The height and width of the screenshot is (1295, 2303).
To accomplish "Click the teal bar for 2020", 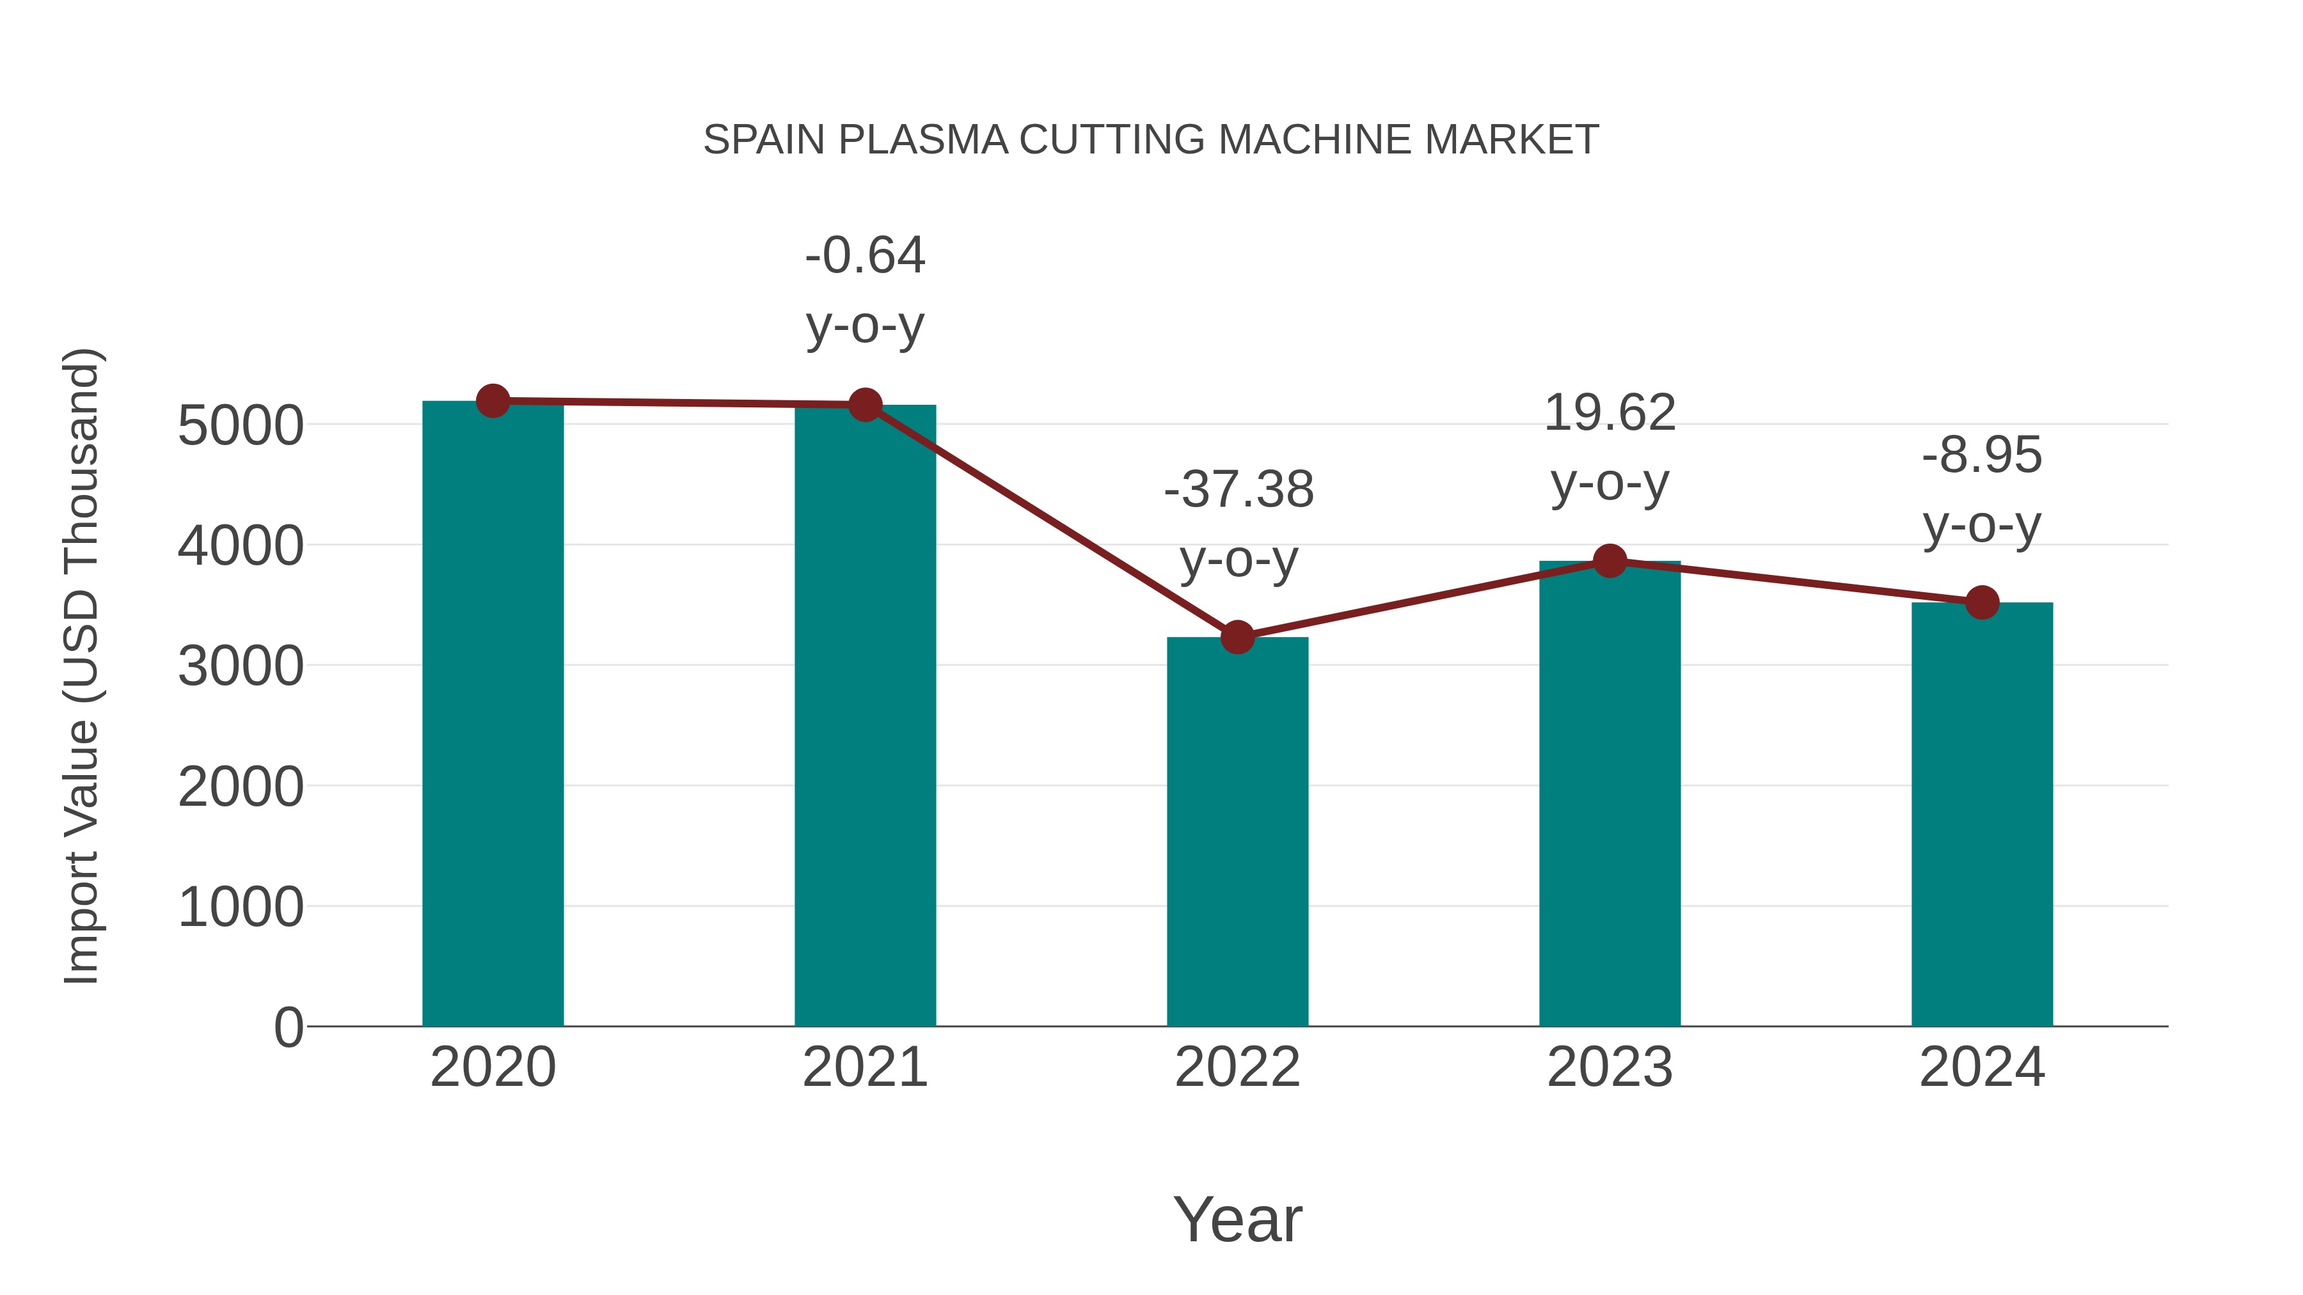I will coord(493,715).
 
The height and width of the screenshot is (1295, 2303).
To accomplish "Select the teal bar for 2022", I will coord(1237,831).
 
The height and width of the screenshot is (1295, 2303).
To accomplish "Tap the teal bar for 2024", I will coord(1982,813).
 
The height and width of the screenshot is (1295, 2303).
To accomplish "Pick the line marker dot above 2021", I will coord(864,405).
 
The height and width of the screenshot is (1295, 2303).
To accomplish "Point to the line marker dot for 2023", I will coord(1610,561).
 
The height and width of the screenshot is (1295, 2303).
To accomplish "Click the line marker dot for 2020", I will coord(493,401).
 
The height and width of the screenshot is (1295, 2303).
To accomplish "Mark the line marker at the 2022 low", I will coord(1237,637).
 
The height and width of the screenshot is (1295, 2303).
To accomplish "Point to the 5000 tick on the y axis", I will coord(241,425).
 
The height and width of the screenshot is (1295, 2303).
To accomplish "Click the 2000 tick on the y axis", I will coord(241,787).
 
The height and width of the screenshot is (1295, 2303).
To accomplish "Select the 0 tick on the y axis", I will coord(288,1028).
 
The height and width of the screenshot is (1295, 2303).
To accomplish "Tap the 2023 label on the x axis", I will coord(1610,1067).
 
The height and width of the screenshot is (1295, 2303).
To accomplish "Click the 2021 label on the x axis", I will coord(864,1067).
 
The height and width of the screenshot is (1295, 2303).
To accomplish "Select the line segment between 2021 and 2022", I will coord(1050,521).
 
